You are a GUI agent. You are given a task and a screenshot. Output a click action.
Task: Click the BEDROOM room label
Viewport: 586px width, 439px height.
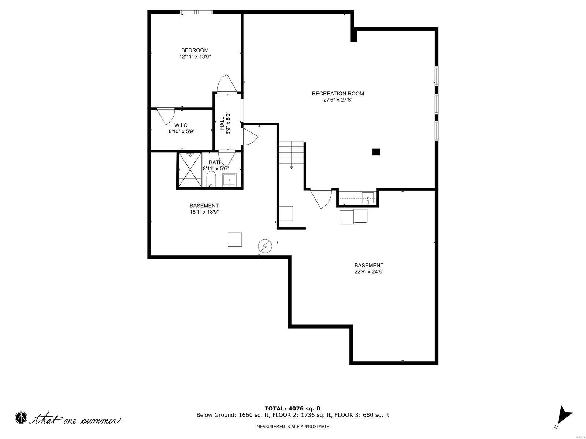click(195, 50)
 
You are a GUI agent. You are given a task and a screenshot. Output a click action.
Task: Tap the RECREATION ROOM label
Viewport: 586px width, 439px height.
click(338, 93)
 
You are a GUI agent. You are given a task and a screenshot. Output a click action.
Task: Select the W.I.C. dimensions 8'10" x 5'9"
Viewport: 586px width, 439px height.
click(181, 131)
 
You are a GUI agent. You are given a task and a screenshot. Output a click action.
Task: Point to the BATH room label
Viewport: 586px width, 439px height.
click(216, 162)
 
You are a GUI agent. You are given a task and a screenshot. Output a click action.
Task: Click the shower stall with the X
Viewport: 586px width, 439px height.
click(190, 170)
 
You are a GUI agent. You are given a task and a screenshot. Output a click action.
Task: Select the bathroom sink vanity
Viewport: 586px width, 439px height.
click(230, 180)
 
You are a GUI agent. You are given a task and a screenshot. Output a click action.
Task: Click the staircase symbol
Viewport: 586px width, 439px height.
click(292, 155)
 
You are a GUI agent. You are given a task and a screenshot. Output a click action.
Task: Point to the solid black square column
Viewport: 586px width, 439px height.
click(376, 152)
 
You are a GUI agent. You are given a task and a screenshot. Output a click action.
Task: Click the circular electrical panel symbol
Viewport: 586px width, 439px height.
click(265, 246)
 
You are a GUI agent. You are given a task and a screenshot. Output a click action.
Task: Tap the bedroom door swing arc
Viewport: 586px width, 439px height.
click(224, 84)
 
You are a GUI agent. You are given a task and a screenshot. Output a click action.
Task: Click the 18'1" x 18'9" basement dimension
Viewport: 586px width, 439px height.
click(204, 212)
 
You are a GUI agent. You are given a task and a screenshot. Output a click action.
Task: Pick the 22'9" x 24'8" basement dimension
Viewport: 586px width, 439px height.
click(369, 271)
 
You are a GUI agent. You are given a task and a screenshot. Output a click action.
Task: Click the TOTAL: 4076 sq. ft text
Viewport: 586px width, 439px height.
click(293, 408)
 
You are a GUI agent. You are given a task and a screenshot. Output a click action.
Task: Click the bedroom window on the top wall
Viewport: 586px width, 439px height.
click(196, 12)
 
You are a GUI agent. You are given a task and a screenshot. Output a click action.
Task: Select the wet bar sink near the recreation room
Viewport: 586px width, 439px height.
click(367, 198)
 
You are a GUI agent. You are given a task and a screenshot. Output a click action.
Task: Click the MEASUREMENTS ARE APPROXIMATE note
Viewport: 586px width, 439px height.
click(293, 427)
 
